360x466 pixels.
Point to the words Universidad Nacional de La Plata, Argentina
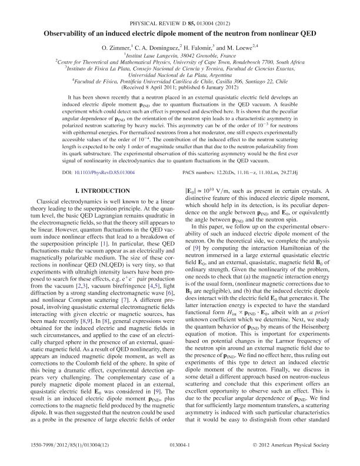pyautogui.click(x=180, y=75)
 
